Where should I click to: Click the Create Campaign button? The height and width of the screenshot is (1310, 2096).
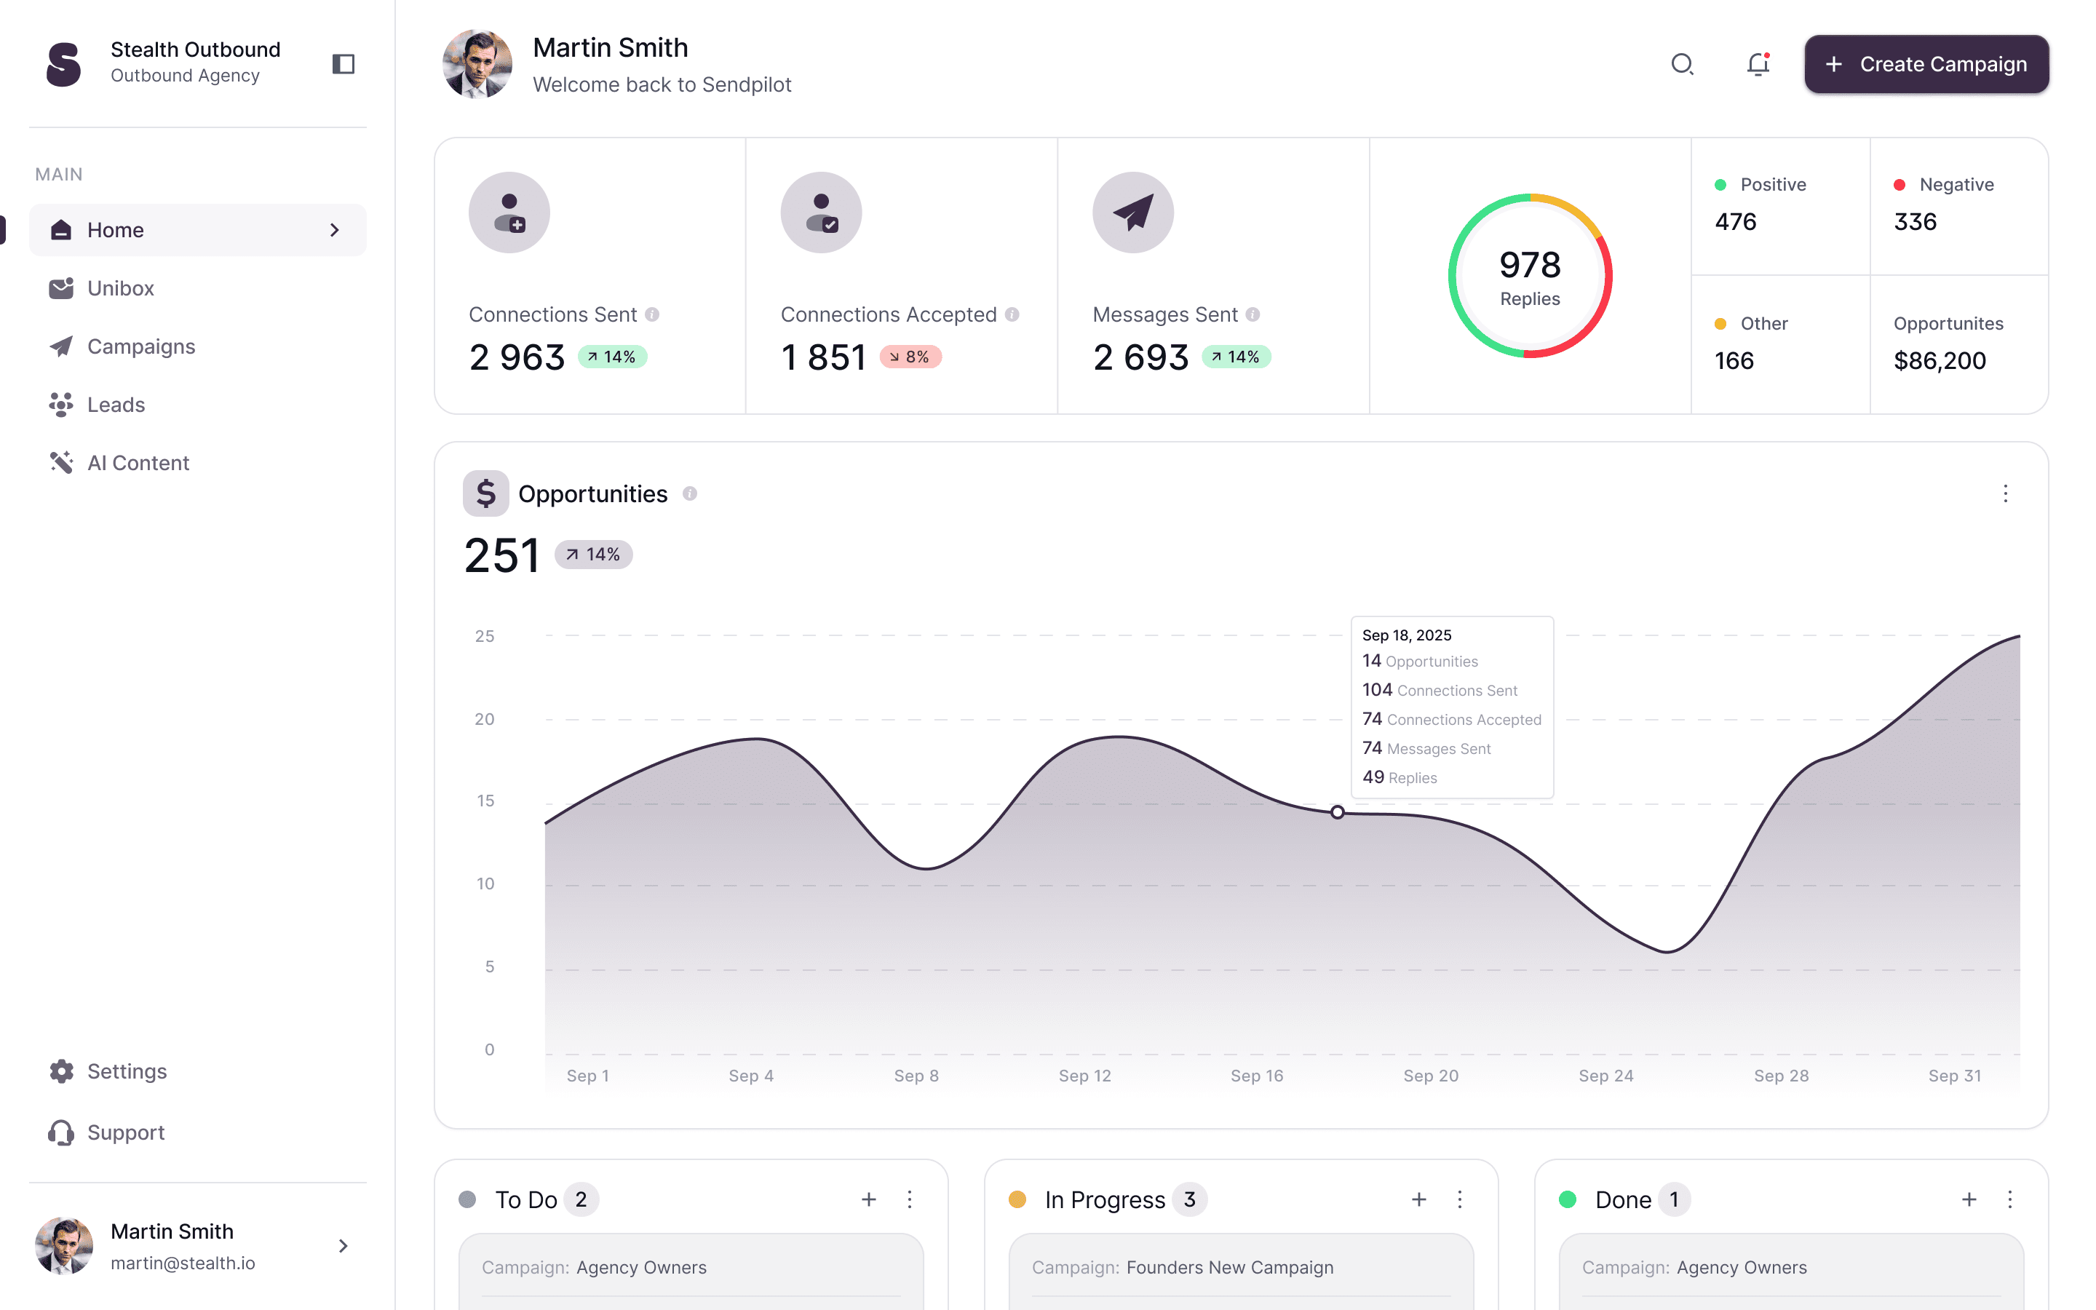tap(1926, 64)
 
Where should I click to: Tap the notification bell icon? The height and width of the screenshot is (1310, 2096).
tap(1758, 64)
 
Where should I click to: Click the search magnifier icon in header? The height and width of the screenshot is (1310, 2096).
tap(1681, 64)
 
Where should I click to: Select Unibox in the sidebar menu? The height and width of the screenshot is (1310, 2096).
tap(119, 288)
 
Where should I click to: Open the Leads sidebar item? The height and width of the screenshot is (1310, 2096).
tap(115, 405)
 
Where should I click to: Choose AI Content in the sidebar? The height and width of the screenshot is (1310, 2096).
tap(138, 463)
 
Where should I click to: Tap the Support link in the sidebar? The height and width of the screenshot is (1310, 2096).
tap(126, 1132)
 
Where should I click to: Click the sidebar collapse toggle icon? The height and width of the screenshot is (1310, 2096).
tap(343, 64)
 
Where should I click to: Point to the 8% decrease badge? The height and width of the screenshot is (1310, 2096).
tap(910, 357)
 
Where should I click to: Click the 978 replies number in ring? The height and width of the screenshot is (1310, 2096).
tap(1530, 265)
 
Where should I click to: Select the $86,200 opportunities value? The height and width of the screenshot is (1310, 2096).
tap(1940, 360)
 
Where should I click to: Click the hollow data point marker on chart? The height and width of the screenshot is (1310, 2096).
tap(1337, 811)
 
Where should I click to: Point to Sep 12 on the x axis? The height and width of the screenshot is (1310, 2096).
tap(1084, 1075)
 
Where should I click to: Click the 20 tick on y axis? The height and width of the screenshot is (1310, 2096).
tap(484, 719)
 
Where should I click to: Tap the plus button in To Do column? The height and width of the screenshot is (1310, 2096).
tap(869, 1199)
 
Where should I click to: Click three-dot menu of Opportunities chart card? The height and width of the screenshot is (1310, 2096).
tap(2005, 494)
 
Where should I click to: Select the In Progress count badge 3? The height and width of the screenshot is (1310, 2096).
tap(1189, 1199)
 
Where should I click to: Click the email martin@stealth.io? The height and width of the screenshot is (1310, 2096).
tap(183, 1263)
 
